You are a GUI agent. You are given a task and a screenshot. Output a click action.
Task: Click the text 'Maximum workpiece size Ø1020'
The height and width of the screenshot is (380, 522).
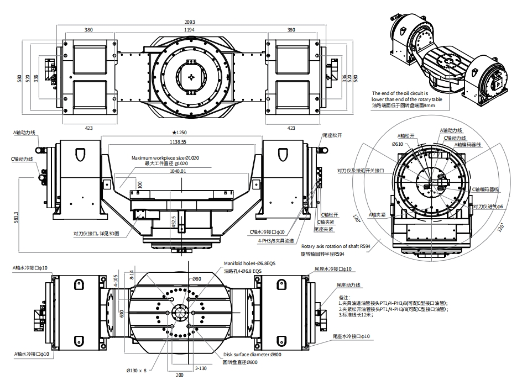pos(165,158)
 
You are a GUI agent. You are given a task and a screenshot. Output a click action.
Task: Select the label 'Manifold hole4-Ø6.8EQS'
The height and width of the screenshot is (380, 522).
pos(249,263)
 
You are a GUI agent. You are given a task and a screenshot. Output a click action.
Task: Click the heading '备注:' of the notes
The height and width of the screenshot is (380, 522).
pos(344,297)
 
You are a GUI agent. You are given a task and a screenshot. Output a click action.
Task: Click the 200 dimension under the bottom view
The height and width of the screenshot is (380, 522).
pos(179,374)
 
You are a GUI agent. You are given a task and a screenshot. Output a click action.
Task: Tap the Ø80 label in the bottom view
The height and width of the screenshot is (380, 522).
pos(196,279)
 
